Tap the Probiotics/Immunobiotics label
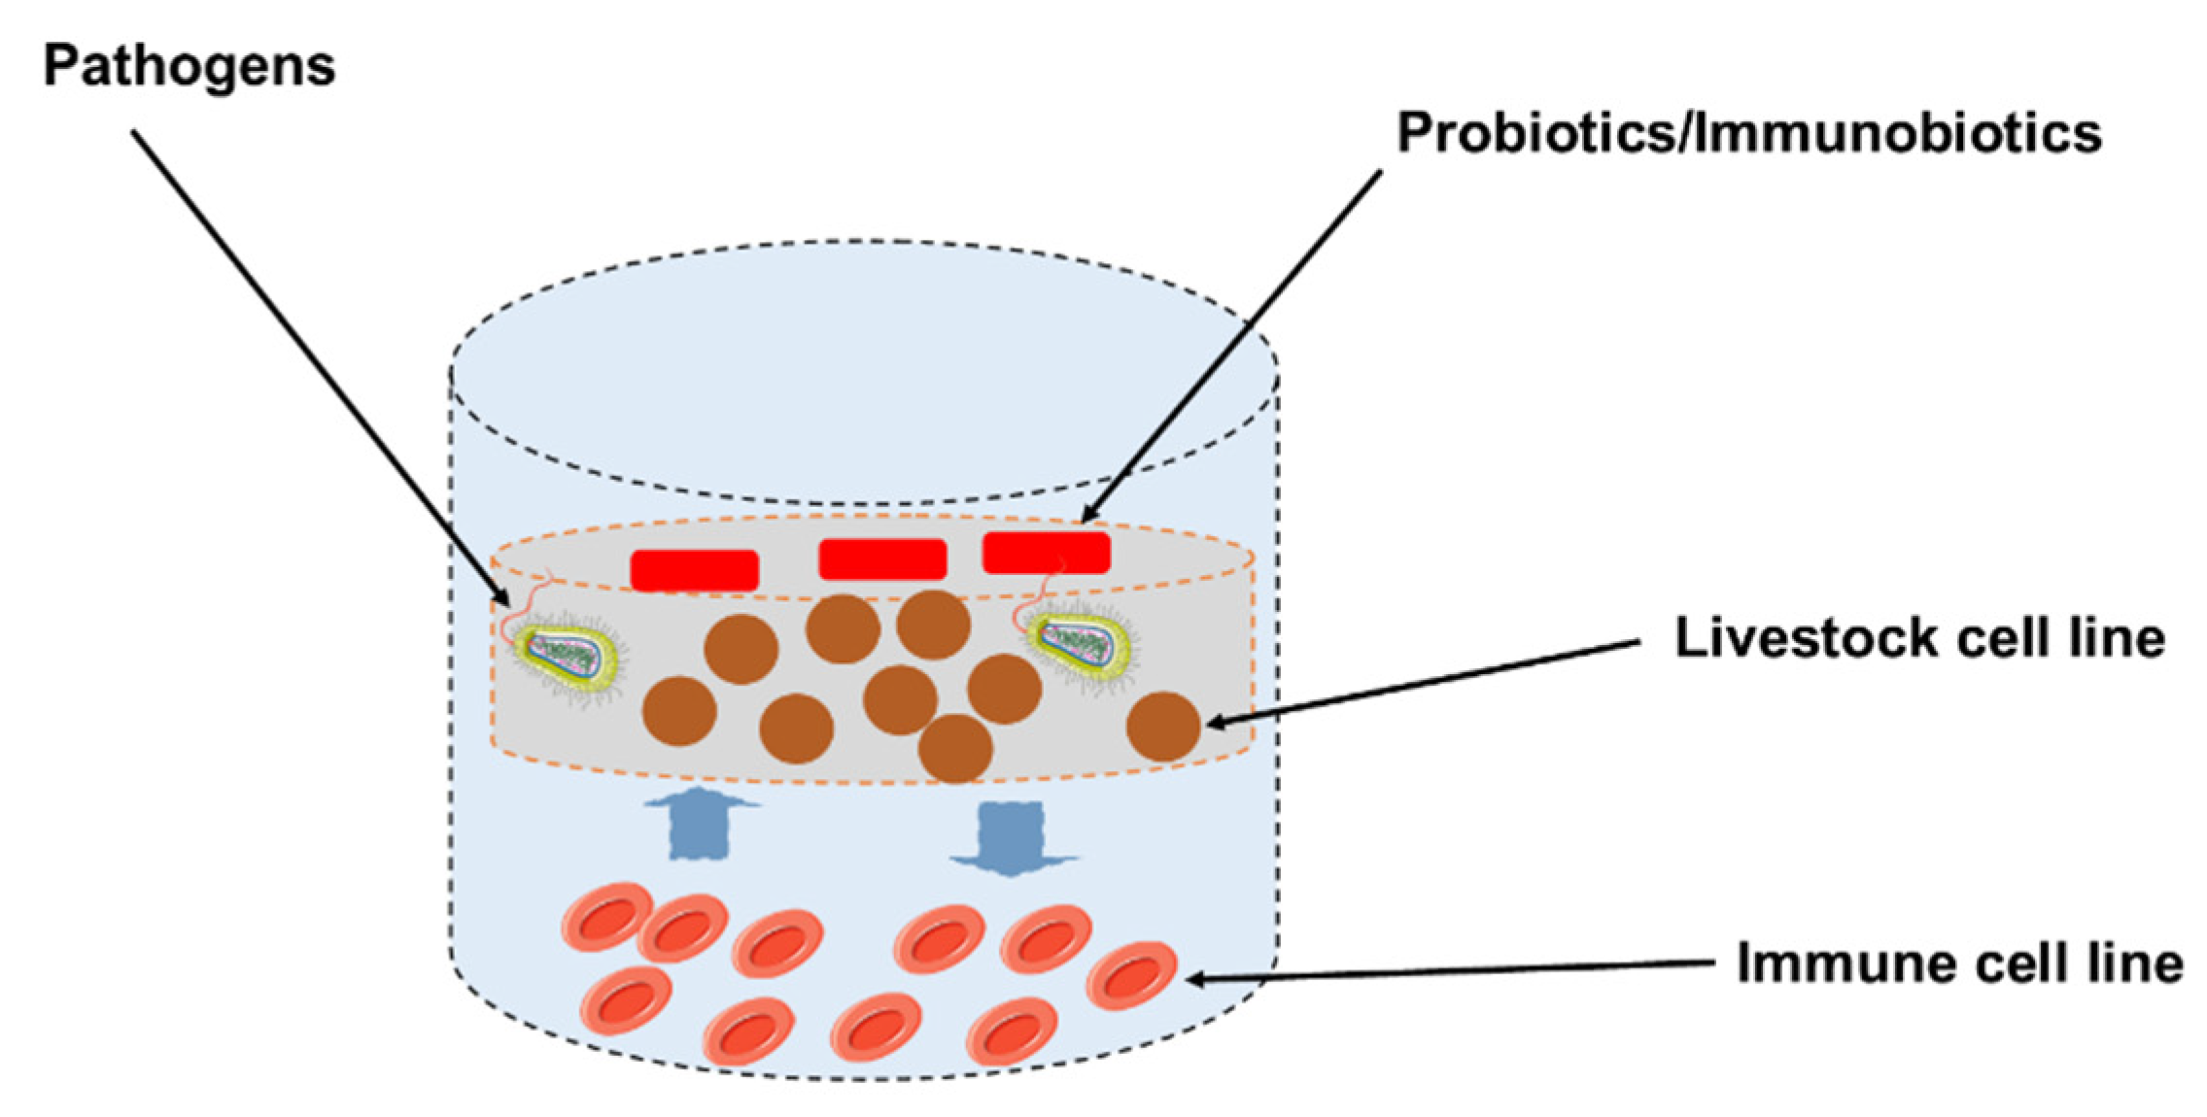(1749, 134)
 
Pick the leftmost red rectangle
(694, 570)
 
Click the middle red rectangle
(882, 559)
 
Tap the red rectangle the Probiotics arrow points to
(1046, 552)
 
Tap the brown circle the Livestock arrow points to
(1163, 726)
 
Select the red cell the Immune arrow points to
(1131, 974)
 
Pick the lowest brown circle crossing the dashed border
(954, 748)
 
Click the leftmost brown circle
(680, 711)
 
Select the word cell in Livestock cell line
(1997, 639)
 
